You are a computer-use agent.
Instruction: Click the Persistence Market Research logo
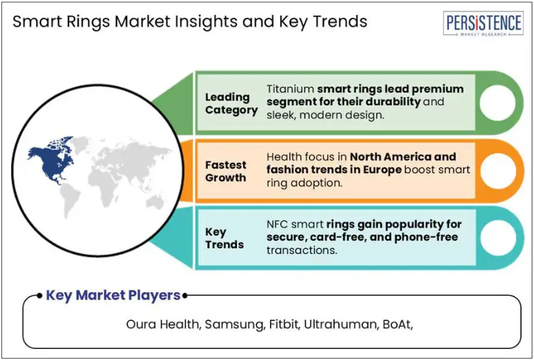tap(483, 23)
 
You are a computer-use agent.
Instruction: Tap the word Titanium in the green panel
tap(290, 89)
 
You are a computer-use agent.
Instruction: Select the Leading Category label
tap(231, 103)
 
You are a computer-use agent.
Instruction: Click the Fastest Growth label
tap(225, 171)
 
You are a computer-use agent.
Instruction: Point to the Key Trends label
tap(225, 238)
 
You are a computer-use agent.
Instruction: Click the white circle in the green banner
tap(498, 103)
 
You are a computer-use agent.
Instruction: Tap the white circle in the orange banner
tap(498, 170)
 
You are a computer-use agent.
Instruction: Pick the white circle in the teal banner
tap(498, 237)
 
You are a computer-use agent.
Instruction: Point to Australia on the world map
tap(155, 201)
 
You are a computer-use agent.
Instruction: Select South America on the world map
tap(70, 199)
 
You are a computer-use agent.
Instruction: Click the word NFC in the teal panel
tap(277, 224)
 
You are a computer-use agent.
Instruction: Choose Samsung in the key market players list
tap(235, 324)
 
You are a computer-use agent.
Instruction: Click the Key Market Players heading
tap(113, 295)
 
